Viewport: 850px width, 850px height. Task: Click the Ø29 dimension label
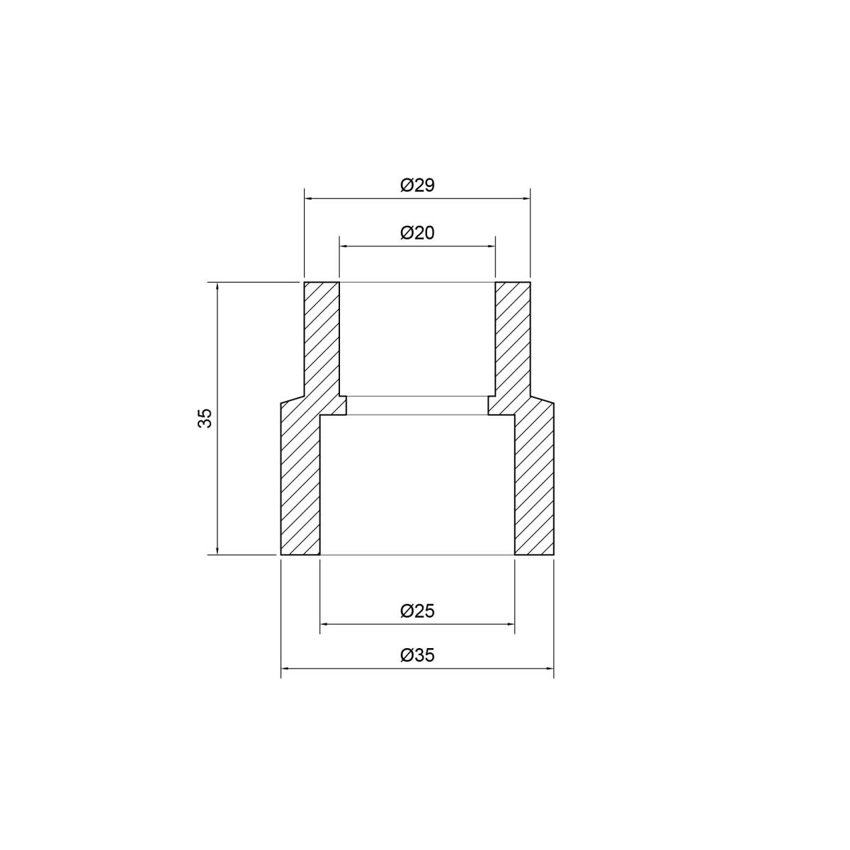coord(417,186)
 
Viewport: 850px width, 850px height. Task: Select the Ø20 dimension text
coord(417,233)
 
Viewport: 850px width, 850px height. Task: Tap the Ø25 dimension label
coord(417,611)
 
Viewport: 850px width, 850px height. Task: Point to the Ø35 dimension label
coord(417,655)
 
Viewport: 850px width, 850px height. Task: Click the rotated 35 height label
coord(205,418)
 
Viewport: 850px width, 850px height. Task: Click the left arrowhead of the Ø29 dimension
coord(308,199)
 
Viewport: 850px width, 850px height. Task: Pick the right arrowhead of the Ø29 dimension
coord(526,199)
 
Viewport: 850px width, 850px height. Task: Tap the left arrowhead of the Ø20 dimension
coord(343,246)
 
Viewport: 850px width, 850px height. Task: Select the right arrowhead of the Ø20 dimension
coord(491,246)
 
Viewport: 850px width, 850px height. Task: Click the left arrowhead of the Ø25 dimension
coord(324,624)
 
